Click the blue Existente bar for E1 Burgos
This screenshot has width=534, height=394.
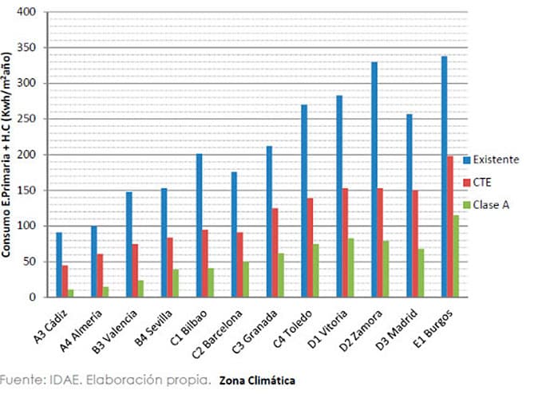pyautogui.click(x=445, y=176)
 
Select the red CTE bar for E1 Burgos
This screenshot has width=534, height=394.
pyautogui.click(x=451, y=227)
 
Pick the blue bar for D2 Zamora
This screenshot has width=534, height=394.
pyautogui.click(x=374, y=179)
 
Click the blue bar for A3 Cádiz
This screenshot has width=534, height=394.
pyautogui.click(x=59, y=265)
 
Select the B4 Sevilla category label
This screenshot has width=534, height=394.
pyautogui.click(x=149, y=326)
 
